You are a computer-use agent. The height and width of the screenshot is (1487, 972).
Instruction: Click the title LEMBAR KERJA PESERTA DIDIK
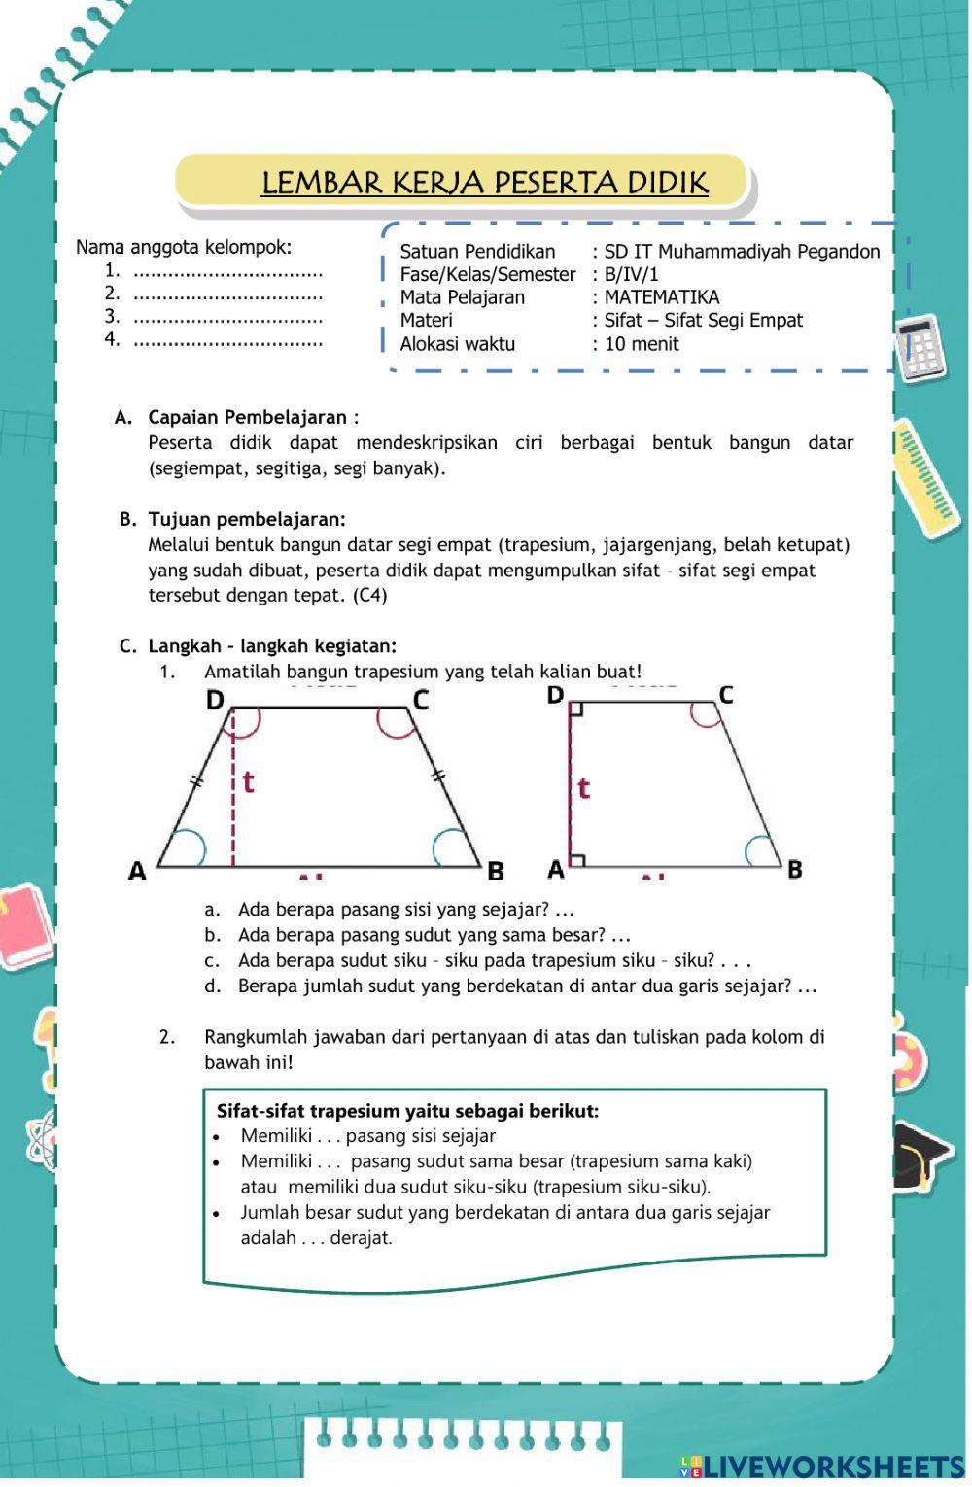484,183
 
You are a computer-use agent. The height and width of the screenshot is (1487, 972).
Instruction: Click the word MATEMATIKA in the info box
662,297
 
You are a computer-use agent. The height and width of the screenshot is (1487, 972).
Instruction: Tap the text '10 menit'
642,344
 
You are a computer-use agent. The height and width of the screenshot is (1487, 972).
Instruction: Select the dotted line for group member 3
227,318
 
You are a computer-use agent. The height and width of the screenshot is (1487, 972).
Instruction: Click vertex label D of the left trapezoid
215,700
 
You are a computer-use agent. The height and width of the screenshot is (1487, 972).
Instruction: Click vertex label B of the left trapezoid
496,871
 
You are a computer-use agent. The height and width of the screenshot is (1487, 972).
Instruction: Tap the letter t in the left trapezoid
249,781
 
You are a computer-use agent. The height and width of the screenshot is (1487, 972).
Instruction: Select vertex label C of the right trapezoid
725,694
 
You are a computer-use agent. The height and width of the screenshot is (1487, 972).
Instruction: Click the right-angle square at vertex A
577,859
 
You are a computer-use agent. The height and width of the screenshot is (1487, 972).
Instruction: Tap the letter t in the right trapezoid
583,788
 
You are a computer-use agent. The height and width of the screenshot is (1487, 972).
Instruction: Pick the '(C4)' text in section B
369,596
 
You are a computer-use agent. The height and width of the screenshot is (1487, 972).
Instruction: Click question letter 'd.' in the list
213,986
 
